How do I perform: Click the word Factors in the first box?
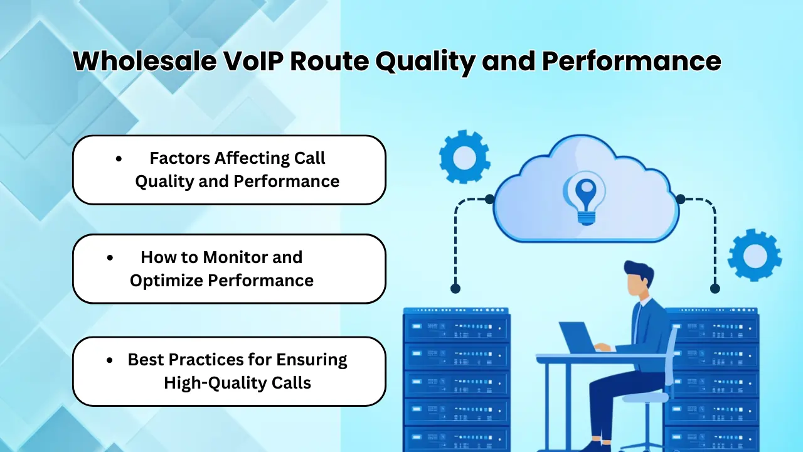(180, 158)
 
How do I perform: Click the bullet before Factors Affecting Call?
(119, 159)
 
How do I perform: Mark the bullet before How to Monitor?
(110, 257)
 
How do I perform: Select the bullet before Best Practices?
(110, 360)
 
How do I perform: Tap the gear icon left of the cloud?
(464, 157)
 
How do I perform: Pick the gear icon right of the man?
(755, 255)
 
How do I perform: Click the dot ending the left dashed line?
(455, 289)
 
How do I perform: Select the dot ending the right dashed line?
(715, 289)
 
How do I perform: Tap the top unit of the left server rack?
(456, 327)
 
